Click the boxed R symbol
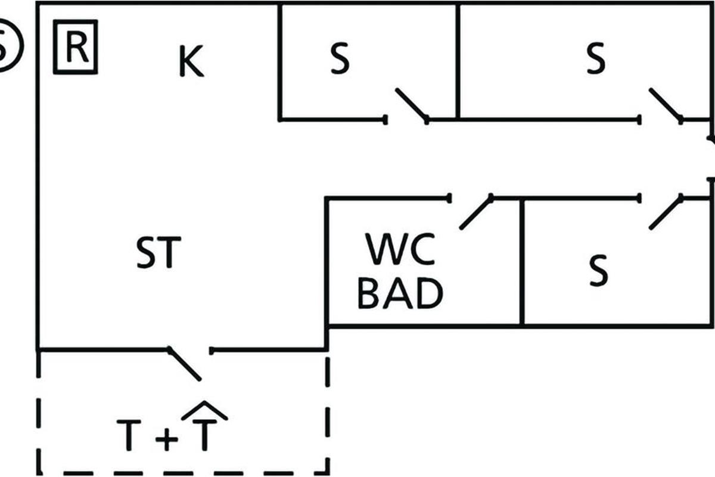(x=76, y=47)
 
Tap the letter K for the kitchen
(x=191, y=63)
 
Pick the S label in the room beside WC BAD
(x=598, y=270)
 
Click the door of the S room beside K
(x=411, y=106)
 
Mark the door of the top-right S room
(x=666, y=106)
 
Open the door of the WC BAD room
(x=476, y=212)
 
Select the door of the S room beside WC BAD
(x=666, y=212)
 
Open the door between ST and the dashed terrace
(x=185, y=363)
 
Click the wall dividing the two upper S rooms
(x=458, y=60)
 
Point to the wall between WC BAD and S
(x=522, y=262)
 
